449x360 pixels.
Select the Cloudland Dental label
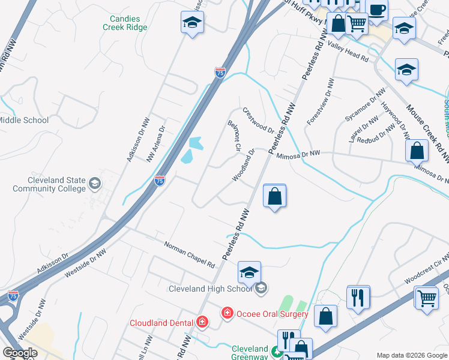coord(162,323)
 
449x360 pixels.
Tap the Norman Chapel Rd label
coord(190,254)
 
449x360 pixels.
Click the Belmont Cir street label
coord(234,136)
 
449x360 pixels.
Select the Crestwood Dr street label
coord(258,121)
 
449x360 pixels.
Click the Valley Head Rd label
coord(348,52)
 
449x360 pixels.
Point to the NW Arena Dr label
coord(155,145)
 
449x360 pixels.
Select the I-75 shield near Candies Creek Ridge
coord(220,73)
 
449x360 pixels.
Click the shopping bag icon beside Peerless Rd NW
coord(274,196)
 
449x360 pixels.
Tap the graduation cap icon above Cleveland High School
coord(249,272)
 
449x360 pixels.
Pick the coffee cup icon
coord(376,10)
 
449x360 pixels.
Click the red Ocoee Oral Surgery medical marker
coord(227,313)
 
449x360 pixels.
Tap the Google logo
coord(19,353)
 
